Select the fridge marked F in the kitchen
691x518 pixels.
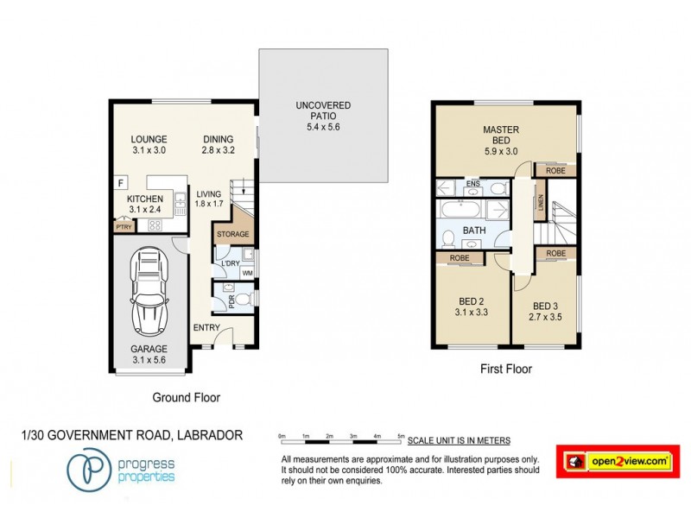point(122,183)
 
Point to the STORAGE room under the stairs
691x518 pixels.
point(232,234)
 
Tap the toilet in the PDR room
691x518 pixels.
point(243,300)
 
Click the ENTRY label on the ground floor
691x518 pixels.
point(206,327)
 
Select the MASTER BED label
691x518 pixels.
point(501,136)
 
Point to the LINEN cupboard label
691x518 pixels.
point(541,203)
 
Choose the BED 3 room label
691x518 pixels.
point(546,311)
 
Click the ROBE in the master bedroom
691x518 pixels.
point(555,171)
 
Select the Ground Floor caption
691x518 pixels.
point(186,398)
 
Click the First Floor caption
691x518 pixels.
point(506,369)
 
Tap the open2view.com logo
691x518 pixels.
point(618,462)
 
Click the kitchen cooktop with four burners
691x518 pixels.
point(156,225)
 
